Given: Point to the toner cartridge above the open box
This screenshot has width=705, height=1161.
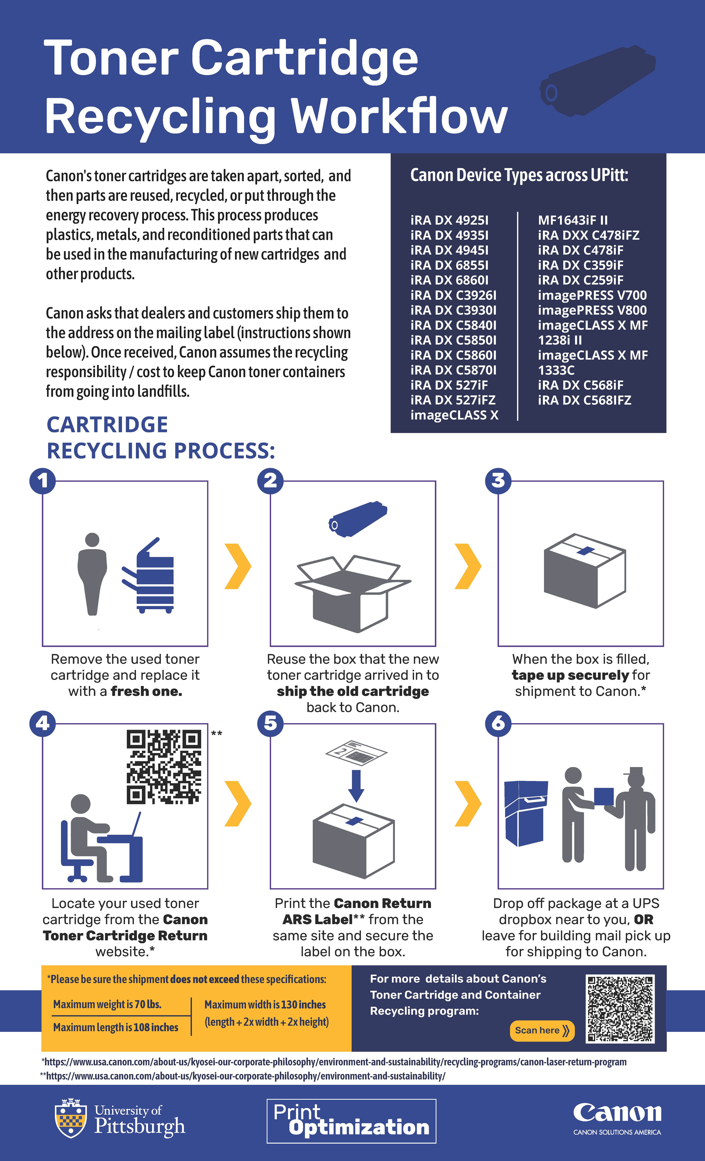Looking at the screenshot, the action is pyautogui.click(x=358, y=519).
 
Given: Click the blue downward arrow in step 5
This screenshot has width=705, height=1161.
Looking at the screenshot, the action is pyautogui.click(x=356, y=785).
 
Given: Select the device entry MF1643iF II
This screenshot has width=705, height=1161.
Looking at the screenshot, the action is pyautogui.click(x=573, y=220).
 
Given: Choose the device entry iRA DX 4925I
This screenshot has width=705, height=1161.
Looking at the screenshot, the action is pyautogui.click(x=449, y=220).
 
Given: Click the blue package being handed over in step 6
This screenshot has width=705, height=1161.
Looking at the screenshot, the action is pyautogui.click(x=604, y=796).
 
